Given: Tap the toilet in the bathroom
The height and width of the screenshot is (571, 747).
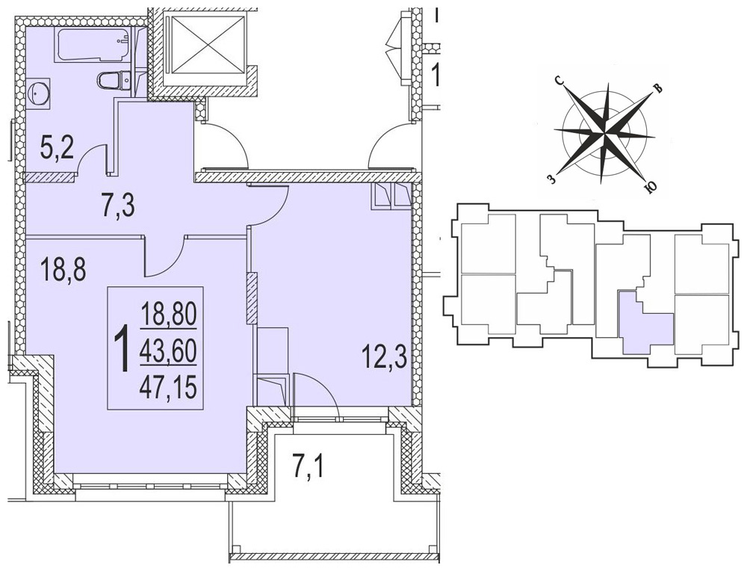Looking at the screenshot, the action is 114,80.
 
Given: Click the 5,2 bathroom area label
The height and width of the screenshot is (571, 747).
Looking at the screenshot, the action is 56,149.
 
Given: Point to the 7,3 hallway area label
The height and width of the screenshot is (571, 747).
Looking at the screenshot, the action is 118,206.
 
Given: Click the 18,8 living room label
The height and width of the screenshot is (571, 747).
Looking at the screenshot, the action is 63,270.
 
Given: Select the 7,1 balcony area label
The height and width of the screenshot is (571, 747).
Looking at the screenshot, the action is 308,467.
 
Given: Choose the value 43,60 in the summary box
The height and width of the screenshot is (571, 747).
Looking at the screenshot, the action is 169,352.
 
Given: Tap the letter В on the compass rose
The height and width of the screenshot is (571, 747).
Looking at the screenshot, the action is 657,89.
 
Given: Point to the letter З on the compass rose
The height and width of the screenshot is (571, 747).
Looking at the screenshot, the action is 551,179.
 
